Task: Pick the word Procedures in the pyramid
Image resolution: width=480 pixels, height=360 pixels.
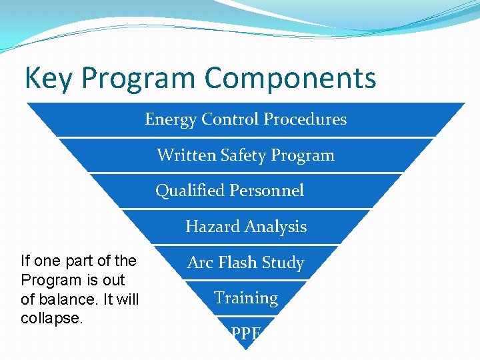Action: tap(305, 119)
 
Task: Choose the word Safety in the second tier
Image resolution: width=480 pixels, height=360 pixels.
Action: tap(239, 155)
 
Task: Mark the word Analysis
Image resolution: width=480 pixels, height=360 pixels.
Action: tap(274, 227)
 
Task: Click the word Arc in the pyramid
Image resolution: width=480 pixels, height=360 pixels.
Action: tap(199, 263)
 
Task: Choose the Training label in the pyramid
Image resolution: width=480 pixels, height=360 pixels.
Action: tap(246, 298)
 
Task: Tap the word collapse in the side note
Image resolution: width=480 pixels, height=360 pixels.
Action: tap(51, 319)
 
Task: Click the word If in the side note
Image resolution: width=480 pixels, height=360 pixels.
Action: tap(26, 261)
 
